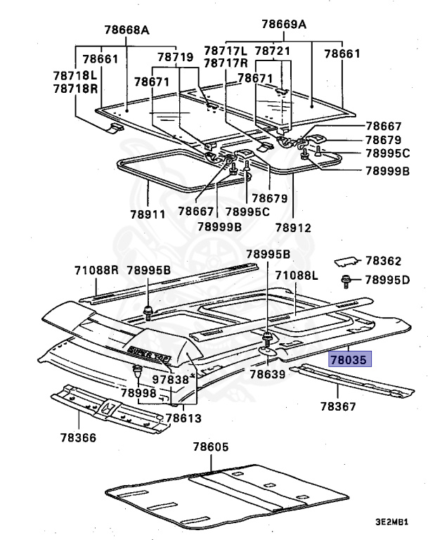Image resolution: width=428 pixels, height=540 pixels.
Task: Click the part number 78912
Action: pos(292,227)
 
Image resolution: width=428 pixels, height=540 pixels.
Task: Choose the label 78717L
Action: pos(226,51)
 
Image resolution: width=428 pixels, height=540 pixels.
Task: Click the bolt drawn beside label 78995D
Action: pos(346,281)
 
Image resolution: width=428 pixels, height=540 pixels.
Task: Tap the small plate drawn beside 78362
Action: pos(345,261)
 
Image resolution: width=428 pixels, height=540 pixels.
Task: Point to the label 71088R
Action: pos(97,269)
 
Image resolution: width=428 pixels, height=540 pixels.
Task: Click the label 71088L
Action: pos(297,275)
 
